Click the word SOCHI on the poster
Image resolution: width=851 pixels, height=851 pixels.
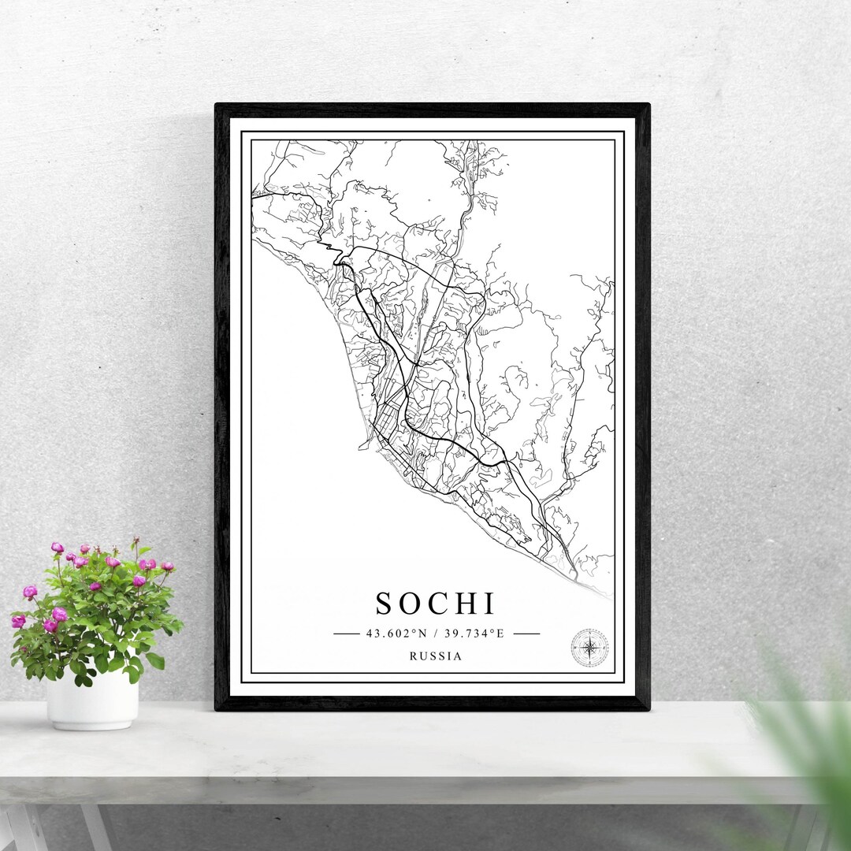pos(435,604)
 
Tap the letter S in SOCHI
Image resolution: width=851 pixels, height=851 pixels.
pos(384,604)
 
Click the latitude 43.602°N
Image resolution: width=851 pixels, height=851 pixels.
pos(396,633)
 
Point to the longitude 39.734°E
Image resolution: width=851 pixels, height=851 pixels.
pos(472,633)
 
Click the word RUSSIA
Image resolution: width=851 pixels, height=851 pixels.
pos(436,656)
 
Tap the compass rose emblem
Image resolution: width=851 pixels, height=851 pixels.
pos(589,648)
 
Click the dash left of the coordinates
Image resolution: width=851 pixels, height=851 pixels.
pos(346,633)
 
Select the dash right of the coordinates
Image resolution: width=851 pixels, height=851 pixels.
pos(526,633)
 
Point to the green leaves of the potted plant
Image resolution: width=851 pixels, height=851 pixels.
pos(102,622)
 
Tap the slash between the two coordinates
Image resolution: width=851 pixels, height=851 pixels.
pos(434,633)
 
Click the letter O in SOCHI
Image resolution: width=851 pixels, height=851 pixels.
pos(408,604)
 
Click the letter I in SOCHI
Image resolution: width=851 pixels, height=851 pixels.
pos(489,604)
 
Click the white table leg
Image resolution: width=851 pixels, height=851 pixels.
pos(24,827)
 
